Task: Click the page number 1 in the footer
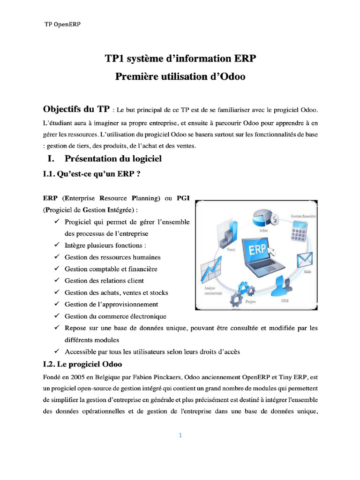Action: click(x=180, y=435)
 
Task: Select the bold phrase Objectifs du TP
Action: click(x=76, y=110)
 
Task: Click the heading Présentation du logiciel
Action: click(x=113, y=159)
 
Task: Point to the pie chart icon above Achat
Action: click(x=263, y=217)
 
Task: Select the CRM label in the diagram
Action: click(x=285, y=301)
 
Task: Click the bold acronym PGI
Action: click(x=183, y=198)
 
